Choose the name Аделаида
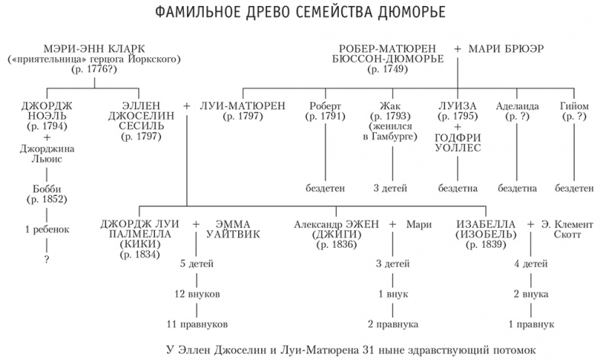tap(517, 105)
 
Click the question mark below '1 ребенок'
tap(47, 259)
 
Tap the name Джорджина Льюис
tap(47, 155)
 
